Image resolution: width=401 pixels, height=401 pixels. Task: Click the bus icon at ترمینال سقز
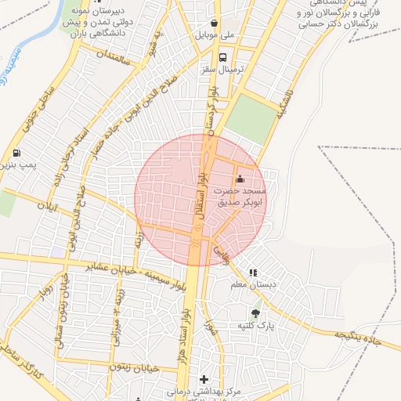coord(224,58)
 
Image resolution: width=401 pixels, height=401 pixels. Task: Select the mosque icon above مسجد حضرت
coord(239,180)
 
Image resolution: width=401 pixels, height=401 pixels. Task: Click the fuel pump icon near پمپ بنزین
coord(17,153)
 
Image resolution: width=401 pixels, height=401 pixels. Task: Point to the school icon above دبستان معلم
coord(251,273)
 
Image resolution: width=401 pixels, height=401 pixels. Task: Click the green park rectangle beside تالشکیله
coord(251,117)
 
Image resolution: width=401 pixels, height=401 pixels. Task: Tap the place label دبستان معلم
coord(270,285)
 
